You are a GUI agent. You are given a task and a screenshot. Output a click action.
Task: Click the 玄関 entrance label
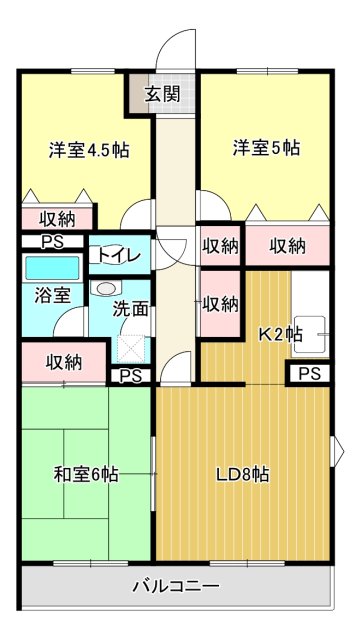(x=162, y=95)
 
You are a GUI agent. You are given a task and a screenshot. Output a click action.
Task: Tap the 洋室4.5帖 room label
(x=89, y=150)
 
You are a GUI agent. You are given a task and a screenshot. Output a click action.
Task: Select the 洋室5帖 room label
(x=267, y=148)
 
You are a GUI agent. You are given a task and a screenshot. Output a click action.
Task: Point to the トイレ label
(x=119, y=255)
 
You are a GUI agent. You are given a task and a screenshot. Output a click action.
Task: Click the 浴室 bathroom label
(x=53, y=295)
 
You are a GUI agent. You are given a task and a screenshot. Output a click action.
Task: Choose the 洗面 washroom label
(x=130, y=309)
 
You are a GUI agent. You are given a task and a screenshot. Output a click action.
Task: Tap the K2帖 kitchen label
(x=281, y=334)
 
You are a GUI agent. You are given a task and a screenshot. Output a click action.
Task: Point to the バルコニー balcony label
(x=176, y=586)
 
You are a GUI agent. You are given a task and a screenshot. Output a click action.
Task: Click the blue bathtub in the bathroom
(x=51, y=267)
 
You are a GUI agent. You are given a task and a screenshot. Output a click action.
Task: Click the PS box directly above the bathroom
(x=49, y=241)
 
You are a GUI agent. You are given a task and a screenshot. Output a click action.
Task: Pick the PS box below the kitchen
(x=309, y=374)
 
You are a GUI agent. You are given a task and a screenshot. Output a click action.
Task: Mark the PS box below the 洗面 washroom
(x=130, y=376)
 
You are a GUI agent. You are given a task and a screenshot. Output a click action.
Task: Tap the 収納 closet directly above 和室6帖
(x=62, y=362)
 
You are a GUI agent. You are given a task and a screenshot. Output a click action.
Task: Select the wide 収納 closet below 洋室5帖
(x=287, y=245)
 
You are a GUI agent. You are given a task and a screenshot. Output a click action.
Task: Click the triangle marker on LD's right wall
(x=336, y=444)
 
